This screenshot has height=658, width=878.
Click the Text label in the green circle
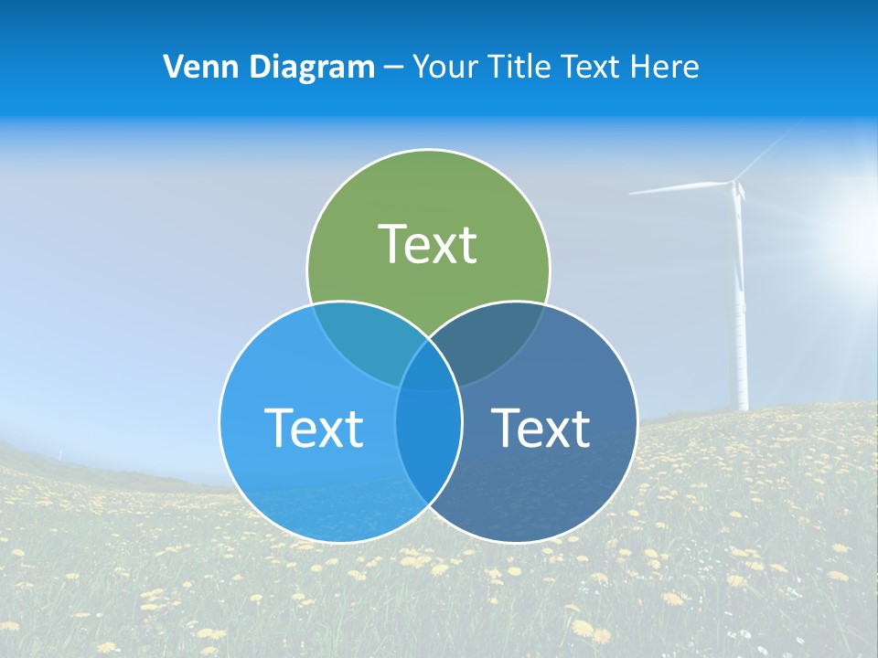pyautogui.click(x=427, y=244)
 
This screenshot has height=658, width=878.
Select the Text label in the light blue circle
pyautogui.click(x=314, y=428)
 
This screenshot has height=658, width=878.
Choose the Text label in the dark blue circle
pyautogui.click(x=541, y=428)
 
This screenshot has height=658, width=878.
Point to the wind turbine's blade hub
pyautogui.click(x=735, y=184)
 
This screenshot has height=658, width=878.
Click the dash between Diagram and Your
pyautogui.click(x=393, y=67)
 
